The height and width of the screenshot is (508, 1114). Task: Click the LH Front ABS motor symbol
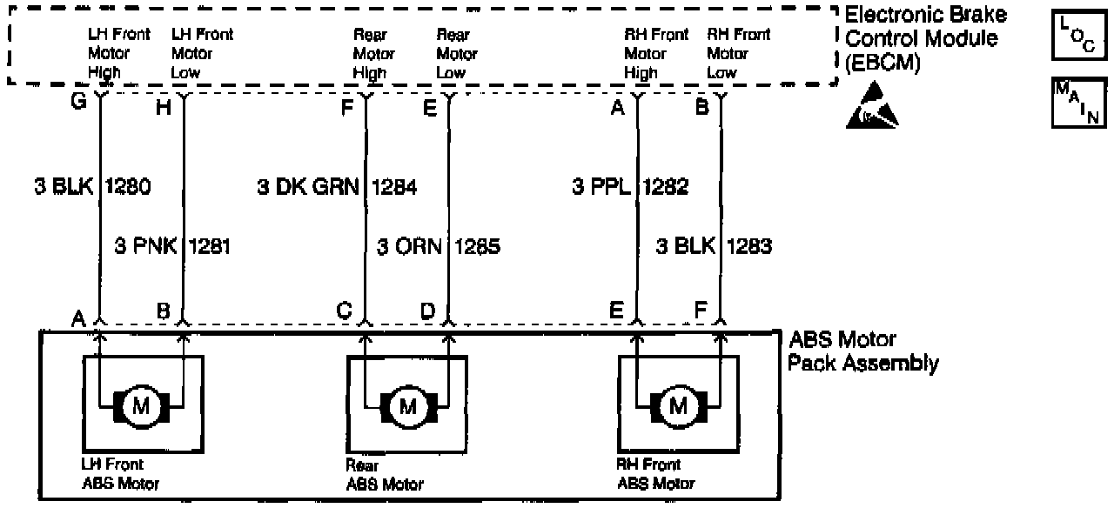pyautogui.click(x=141, y=406)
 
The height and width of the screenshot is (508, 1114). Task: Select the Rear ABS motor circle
pyautogui.click(x=407, y=406)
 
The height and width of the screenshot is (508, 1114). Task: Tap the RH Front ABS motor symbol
pyautogui.click(x=678, y=406)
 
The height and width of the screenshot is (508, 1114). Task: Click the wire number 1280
pyautogui.click(x=129, y=186)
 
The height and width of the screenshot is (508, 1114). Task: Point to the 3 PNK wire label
pyautogui.click(x=145, y=246)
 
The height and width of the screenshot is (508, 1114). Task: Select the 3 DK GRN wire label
pyautogui.click(x=308, y=186)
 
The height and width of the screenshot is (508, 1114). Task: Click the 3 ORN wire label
pyautogui.click(x=408, y=246)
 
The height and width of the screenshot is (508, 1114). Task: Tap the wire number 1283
pyautogui.click(x=749, y=246)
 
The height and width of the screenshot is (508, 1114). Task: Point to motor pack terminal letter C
pyautogui.click(x=346, y=310)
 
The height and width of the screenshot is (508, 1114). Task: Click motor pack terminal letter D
pyautogui.click(x=427, y=310)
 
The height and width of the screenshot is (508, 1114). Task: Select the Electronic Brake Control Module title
pyautogui.click(x=925, y=38)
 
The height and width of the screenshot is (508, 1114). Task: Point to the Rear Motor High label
pyautogui.click(x=372, y=54)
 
